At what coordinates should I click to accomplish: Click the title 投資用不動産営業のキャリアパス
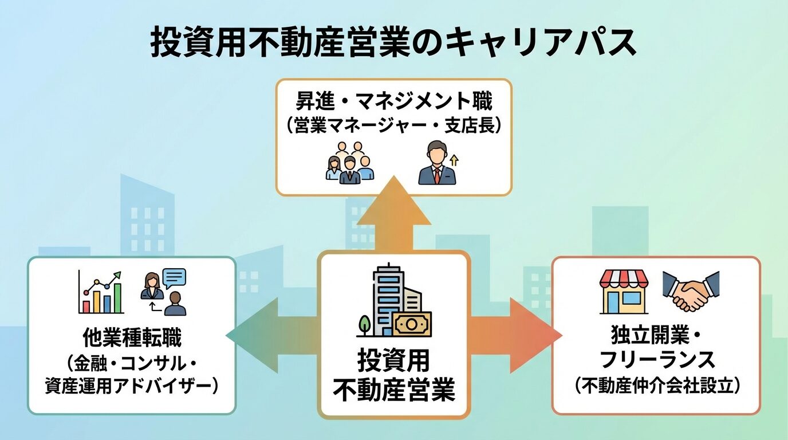[393, 42]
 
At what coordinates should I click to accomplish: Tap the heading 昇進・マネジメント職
[393, 103]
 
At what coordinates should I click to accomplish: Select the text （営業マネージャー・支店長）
[393, 125]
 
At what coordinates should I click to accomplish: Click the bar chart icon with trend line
[101, 292]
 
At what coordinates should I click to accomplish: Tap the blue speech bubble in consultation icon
[175, 278]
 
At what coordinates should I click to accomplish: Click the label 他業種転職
[132, 339]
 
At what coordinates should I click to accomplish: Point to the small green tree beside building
[364, 325]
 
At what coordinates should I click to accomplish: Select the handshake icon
[691, 291]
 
